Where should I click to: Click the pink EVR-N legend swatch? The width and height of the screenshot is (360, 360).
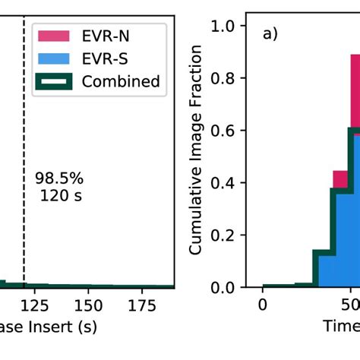55,35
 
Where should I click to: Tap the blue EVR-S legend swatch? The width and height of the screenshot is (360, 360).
55,58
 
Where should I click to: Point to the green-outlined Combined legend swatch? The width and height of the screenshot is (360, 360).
55,81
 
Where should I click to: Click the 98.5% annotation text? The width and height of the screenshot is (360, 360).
59,178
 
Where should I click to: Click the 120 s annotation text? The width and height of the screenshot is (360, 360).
60,196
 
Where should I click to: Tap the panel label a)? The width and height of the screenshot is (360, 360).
271,34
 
